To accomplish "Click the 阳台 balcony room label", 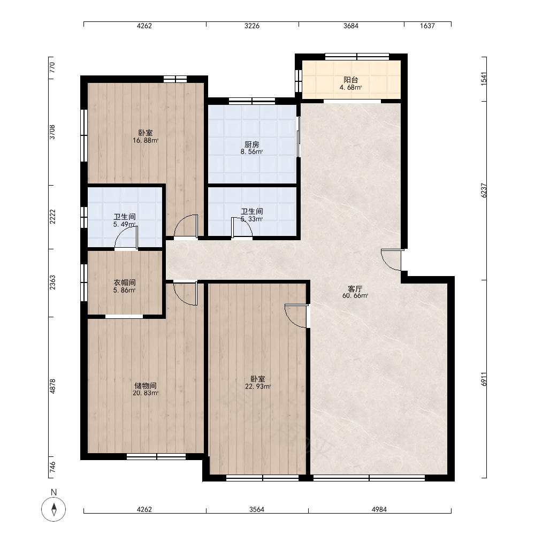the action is tap(350, 80).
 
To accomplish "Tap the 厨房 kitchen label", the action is tap(251, 144).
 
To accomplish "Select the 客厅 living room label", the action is tap(355, 289).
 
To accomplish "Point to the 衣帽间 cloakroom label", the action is tap(125, 282).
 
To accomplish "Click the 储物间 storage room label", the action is tap(146, 386).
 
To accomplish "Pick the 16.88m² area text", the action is tap(146, 140).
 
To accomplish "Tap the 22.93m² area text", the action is tap(258, 387).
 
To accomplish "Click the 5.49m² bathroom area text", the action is tap(125, 224).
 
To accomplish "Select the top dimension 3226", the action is tap(252, 26).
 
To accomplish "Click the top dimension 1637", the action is tap(427, 26).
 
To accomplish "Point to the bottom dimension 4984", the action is tap(379, 509).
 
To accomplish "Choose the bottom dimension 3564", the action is tap(257, 509).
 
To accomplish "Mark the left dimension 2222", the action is tap(52, 217).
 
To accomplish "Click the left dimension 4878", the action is tap(52, 387).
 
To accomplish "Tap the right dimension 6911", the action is tap(484, 379).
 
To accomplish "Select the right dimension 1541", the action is tap(484, 79).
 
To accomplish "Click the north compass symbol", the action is tap(53, 509).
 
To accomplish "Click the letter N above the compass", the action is tap(53, 492).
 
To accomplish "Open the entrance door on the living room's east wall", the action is tap(392, 260).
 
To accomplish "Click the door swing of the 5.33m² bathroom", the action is tap(242, 227).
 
